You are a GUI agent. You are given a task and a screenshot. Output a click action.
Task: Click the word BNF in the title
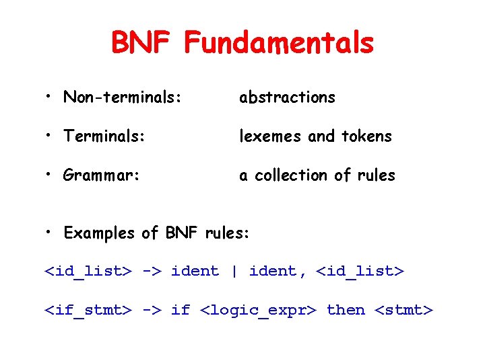(143, 44)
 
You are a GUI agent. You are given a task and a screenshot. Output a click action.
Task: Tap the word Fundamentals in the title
(279, 44)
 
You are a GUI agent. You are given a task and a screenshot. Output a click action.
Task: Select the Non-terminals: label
(122, 97)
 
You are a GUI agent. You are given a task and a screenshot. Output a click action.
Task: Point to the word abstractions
(287, 97)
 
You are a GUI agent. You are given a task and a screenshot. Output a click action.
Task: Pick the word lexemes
(271, 136)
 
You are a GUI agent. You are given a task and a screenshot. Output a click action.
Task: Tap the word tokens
(366, 136)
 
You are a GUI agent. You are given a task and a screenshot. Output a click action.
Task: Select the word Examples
(99, 233)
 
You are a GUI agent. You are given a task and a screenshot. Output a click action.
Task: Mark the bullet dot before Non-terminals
(51, 97)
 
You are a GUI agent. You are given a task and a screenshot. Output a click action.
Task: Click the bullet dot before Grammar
(51, 175)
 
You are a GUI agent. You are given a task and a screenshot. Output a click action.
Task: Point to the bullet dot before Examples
(51, 233)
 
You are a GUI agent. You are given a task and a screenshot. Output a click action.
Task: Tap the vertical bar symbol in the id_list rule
(234, 272)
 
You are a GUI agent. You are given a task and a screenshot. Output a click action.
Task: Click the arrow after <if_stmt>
(152, 311)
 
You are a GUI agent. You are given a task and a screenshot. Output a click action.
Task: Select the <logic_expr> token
(259, 311)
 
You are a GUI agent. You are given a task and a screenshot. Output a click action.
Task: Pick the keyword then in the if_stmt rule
(345, 311)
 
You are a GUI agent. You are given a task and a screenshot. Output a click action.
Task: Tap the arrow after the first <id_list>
(152, 272)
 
